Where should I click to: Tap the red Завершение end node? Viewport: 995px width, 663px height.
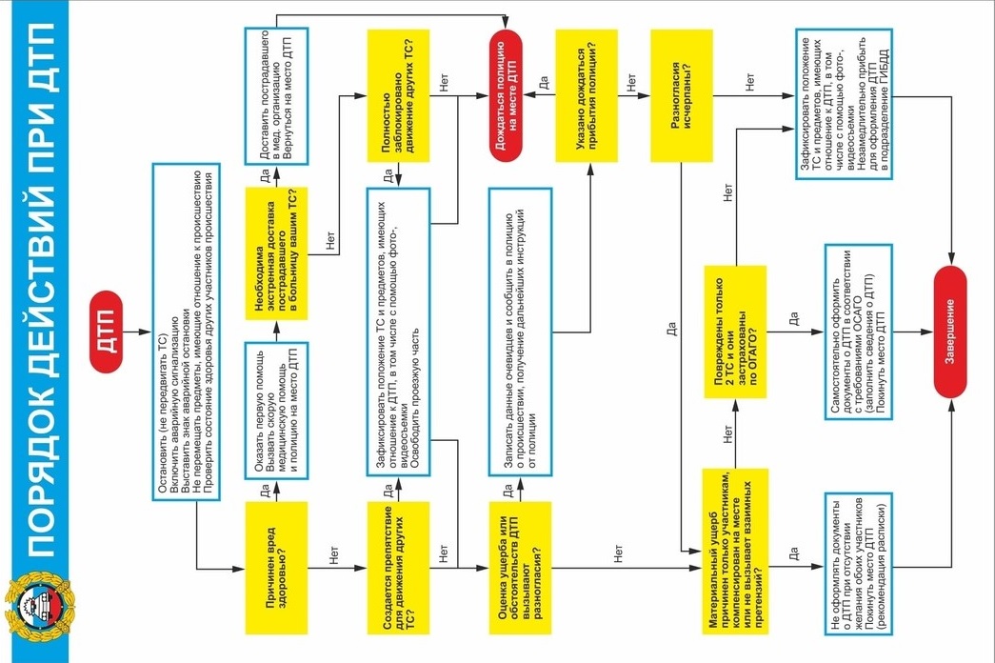(949, 331)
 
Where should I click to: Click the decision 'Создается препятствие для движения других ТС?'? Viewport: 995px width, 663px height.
(397, 569)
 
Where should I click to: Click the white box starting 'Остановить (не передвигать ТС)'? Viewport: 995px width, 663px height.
(187, 331)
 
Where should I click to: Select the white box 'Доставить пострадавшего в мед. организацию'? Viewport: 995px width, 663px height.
(277, 90)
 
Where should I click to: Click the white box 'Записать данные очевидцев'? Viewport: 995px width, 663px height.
(520, 331)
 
